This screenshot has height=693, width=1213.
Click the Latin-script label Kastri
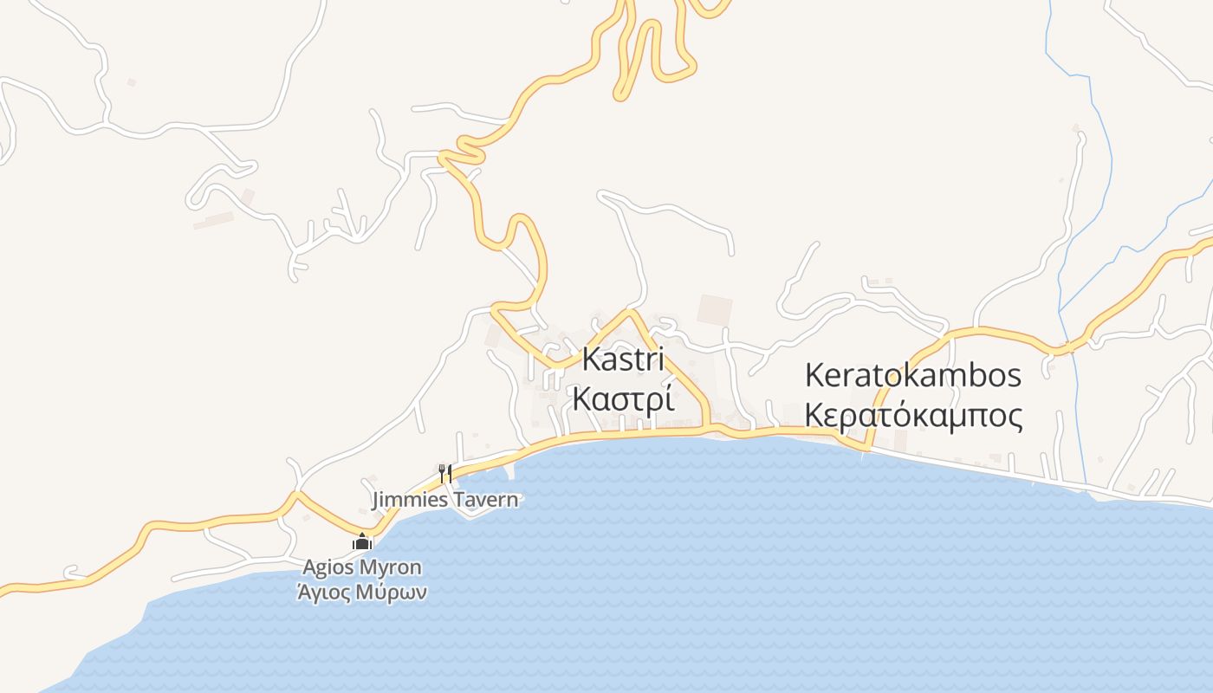[624, 359]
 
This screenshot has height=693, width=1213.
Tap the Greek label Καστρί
[624, 400]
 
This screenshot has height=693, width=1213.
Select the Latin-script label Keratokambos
[913, 376]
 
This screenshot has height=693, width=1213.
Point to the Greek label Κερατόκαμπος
[913, 416]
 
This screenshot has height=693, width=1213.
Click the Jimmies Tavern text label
[445, 500]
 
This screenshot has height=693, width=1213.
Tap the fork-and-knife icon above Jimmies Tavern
[445, 473]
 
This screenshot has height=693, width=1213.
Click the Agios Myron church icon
[361, 543]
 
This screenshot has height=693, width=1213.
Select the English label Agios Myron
[361, 567]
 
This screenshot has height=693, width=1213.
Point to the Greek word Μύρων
[394, 593]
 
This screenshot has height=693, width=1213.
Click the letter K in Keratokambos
[815, 376]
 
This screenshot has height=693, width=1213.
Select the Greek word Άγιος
[326, 593]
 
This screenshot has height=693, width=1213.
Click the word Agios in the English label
[326, 567]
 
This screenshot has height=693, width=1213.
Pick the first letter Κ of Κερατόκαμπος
[814, 415]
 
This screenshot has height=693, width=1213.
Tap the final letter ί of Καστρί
[670, 400]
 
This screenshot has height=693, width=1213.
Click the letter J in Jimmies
[376, 500]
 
